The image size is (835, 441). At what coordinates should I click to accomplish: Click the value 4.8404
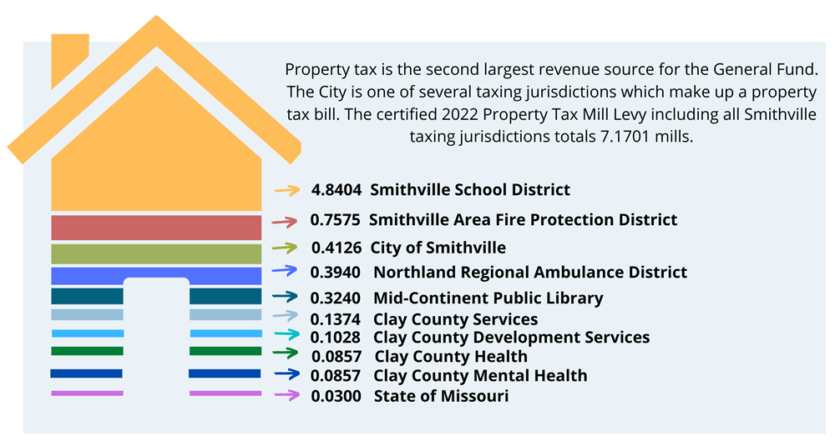337,190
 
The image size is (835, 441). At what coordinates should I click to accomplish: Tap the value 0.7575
336,220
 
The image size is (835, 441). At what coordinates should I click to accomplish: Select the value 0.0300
337,396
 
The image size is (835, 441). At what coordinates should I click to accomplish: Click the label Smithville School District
470,190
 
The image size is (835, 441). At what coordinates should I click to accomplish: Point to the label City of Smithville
438,248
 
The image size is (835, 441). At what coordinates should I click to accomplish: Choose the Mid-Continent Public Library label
488,298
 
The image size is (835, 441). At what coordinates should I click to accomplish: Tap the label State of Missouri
441,396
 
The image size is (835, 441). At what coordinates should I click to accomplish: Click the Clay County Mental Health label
480,376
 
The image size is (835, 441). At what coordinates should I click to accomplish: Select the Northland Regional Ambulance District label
530,273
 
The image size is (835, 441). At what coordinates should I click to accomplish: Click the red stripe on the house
156,228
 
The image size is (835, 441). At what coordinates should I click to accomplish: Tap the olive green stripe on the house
156,253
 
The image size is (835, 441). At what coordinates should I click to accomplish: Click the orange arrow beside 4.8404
286,191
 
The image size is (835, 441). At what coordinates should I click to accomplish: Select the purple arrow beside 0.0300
287,396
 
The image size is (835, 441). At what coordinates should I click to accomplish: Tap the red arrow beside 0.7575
286,222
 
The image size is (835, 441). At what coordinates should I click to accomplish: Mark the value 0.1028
336,338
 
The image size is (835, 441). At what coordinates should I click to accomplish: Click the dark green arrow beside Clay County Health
287,356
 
